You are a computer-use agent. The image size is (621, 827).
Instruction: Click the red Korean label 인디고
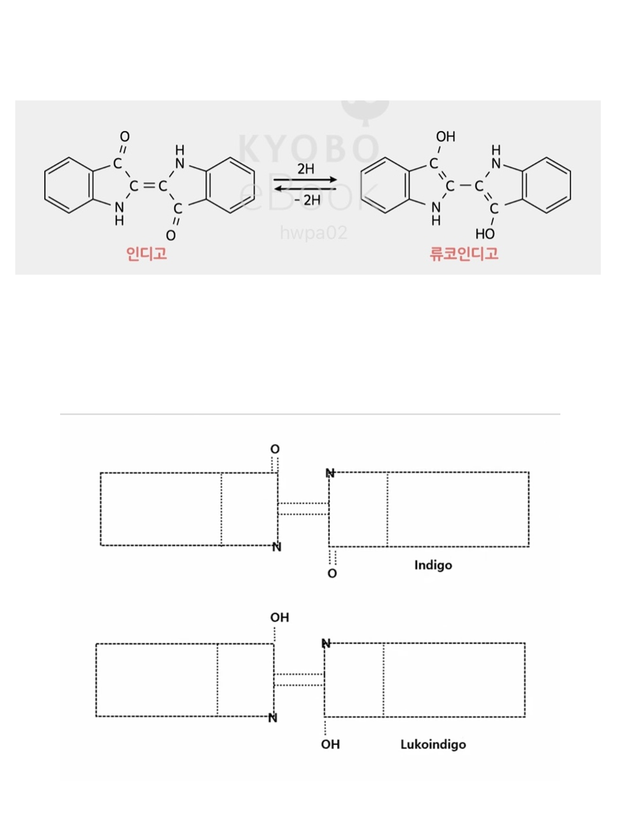[146, 254]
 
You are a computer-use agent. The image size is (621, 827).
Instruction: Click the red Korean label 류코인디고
[464, 254]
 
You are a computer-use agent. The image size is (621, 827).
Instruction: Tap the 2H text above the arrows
[306, 169]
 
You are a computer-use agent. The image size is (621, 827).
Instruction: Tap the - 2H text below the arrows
[308, 200]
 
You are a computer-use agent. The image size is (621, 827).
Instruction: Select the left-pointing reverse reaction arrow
[306, 189]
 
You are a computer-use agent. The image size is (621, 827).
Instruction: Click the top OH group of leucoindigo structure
[446, 136]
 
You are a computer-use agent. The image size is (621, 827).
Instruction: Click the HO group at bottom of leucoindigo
[485, 233]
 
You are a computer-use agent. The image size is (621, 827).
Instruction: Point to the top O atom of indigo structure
[125, 136]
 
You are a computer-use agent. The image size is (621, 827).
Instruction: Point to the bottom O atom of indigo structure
[171, 235]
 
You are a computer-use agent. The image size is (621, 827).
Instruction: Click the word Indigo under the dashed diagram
[433, 565]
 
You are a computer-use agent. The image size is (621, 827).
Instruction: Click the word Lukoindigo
[433, 744]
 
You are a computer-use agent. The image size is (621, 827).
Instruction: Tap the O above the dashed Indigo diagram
[275, 449]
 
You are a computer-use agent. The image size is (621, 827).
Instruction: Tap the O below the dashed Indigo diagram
[332, 573]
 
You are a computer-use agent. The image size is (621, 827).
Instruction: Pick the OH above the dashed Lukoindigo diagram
[279, 617]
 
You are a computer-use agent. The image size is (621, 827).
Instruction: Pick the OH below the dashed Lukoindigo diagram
[330, 744]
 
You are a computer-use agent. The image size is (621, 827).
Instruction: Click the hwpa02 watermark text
[313, 232]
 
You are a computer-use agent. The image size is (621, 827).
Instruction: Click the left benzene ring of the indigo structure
[68, 186]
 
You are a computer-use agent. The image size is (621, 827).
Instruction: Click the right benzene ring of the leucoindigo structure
[546, 186]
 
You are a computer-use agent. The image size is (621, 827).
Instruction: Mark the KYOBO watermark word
[309, 148]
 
